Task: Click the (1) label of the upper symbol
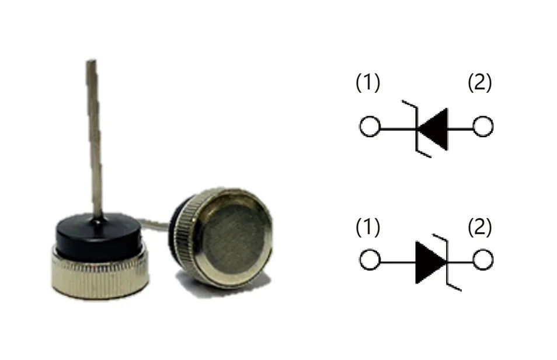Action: tap(368, 83)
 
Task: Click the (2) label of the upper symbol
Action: tap(480, 83)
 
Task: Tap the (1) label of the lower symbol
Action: tap(368, 228)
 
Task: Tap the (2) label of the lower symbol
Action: tap(480, 228)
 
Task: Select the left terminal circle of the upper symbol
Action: tap(369, 127)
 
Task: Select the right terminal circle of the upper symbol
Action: tap(483, 127)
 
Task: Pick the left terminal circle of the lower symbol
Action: tap(369, 260)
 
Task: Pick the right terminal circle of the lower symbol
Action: tap(483, 260)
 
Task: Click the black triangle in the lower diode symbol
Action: tap(429, 261)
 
